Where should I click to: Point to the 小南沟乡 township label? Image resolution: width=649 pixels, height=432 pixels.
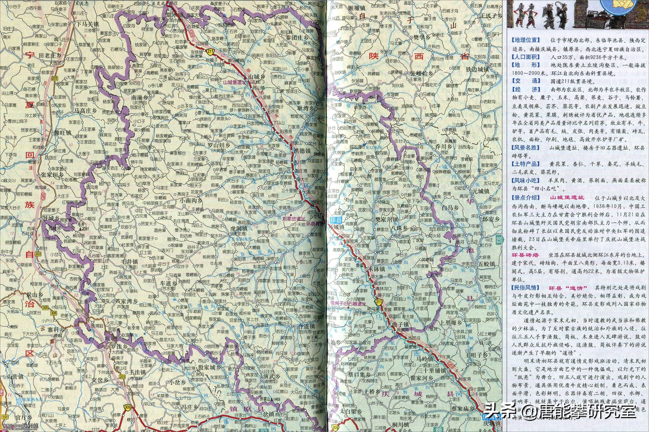tap(192, 201)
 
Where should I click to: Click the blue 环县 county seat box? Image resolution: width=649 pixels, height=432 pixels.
tap(334, 220)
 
